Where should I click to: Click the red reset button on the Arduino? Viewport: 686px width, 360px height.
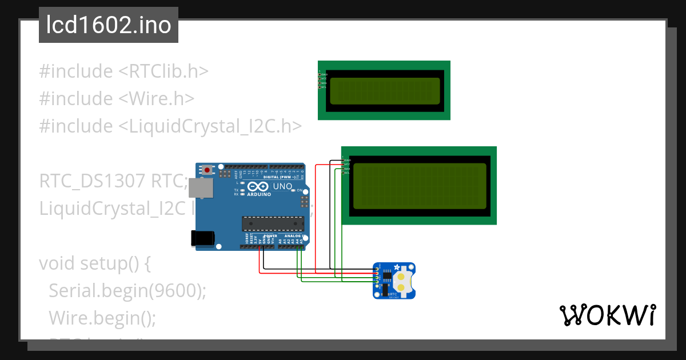point(206,170)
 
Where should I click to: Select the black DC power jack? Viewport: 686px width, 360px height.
point(203,238)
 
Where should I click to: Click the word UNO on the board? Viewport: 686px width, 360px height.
point(282,186)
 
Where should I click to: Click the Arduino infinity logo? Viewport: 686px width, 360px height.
point(258,186)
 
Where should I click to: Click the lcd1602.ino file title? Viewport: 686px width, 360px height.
point(109,25)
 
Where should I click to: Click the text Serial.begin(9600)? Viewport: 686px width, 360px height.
point(127,291)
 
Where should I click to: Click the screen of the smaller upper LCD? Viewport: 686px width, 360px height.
point(385,90)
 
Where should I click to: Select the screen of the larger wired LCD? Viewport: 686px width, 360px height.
point(420,186)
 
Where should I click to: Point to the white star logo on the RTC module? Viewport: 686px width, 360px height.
point(397,268)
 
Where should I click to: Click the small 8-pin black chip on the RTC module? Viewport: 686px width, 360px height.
point(387,277)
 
